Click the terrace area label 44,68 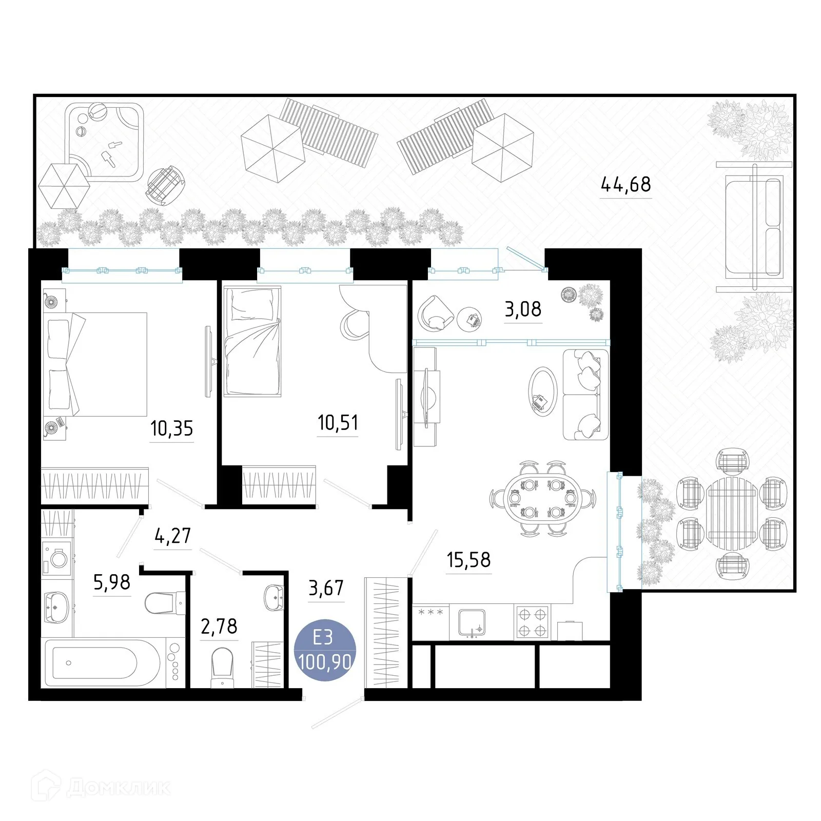click(625, 184)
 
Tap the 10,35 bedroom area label click(171, 428)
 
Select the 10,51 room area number click(338, 423)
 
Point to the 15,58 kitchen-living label click(468, 560)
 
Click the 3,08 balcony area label click(523, 309)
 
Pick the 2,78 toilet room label click(219, 627)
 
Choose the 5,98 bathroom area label click(112, 582)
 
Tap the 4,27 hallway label click(172, 536)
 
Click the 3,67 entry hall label click(326, 588)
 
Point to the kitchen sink click(471, 623)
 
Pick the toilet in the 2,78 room click(222, 666)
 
